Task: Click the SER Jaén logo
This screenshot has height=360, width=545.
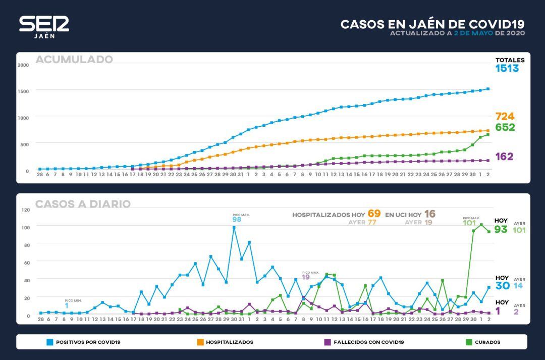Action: tap(44, 26)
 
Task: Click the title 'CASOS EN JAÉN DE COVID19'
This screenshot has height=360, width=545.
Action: tap(432, 24)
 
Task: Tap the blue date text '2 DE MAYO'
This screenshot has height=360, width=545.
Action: tap(473, 33)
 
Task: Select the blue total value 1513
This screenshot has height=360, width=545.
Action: tap(507, 69)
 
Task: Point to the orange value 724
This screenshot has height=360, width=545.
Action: tap(505, 116)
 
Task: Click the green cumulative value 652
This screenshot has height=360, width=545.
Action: tap(505, 128)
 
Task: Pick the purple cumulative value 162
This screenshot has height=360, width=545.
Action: tap(504, 157)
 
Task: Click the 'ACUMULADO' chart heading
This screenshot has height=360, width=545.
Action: tap(74, 60)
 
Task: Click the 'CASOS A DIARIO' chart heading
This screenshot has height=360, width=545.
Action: tap(83, 204)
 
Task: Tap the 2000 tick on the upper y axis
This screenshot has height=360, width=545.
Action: tap(23, 65)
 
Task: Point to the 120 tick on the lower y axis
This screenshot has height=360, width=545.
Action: tap(25, 210)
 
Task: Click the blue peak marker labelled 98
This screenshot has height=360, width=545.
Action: tap(234, 227)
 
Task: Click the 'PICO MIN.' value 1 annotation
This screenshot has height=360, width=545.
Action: tap(67, 306)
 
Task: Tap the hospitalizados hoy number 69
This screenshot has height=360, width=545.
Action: tap(374, 214)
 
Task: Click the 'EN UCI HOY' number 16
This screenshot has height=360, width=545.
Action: tap(429, 214)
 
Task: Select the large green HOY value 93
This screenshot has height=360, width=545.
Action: tap(501, 230)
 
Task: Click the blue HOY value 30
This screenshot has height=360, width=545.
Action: tap(502, 286)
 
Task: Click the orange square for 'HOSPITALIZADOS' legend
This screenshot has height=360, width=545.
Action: tap(200, 342)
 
